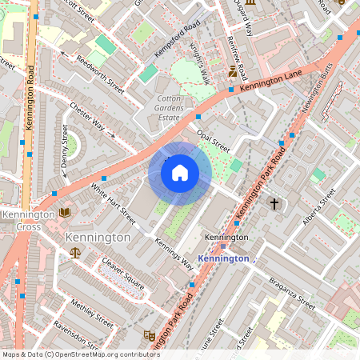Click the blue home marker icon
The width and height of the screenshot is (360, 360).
tap(180, 174)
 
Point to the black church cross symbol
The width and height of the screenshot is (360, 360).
tap(274, 204)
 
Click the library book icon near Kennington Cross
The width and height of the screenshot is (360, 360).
tap(64, 213)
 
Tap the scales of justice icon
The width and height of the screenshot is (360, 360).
tap(75, 252)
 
